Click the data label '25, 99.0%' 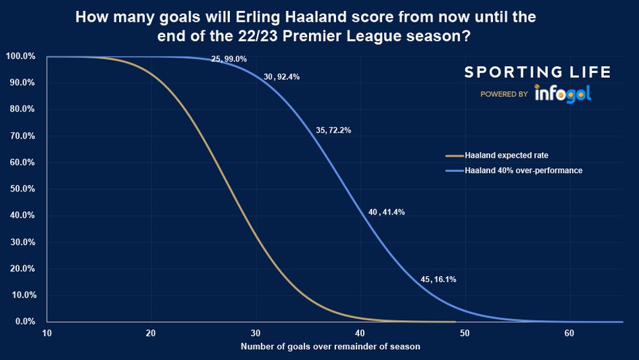pyautogui.click(x=229, y=60)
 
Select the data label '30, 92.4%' pyautogui.click(x=281, y=77)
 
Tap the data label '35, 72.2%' pyautogui.click(x=333, y=130)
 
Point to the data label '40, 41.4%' pyautogui.click(x=386, y=212)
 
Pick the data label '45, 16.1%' pyautogui.click(x=438, y=279)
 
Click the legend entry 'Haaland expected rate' pyautogui.click(x=502, y=156)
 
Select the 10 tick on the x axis pyautogui.click(x=47, y=333)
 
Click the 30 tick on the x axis pyautogui.click(x=256, y=333)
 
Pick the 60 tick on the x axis pyautogui.click(x=569, y=333)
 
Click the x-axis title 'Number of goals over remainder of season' pyautogui.click(x=330, y=346)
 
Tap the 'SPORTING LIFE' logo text pyautogui.click(x=536, y=72)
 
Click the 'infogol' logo pyautogui.click(x=563, y=94)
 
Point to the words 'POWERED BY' pyautogui.click(x=504, y=95)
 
